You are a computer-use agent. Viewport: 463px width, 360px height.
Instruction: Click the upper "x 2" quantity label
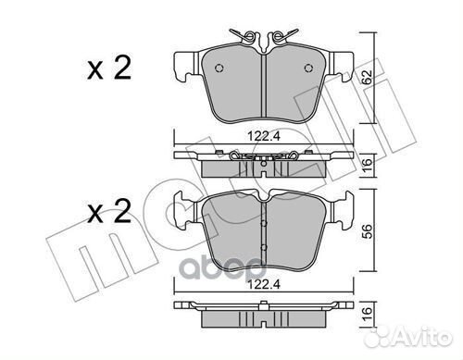(x=109, y=68)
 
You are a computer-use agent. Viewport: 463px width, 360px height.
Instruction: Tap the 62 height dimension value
(x=367, y=77)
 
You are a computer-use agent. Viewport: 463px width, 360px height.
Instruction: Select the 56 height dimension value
(x=367, y=230)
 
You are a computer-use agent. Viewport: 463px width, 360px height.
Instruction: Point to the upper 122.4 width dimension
(x=264, y=136)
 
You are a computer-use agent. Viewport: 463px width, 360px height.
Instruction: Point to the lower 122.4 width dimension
(x=264, y=284)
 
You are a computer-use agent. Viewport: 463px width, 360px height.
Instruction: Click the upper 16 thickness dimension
(x=367, y=167)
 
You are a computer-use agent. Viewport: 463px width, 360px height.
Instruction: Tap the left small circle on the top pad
(x=219, y=68)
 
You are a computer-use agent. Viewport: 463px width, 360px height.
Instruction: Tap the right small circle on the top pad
(x=308, y=68)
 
